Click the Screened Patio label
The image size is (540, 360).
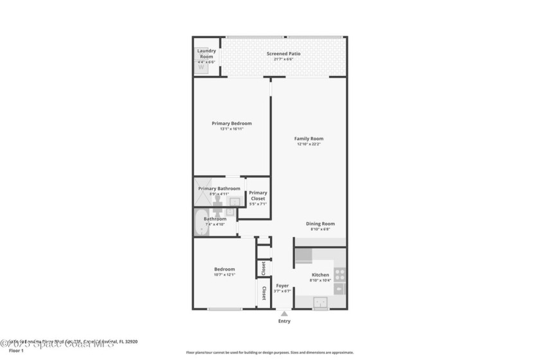[x=283, y=54]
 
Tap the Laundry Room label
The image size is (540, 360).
[x=206, y=53]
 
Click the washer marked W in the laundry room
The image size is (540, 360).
[x=202, y=67]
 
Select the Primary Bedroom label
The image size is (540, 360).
[x=231, y=123]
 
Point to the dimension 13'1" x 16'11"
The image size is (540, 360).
[x=231, y=129]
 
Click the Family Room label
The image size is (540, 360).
[x=309, y=139]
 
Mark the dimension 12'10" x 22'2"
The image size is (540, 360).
[x=309, y=145]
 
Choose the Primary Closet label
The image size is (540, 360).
[x=258, y=195]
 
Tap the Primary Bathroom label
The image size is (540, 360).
[x=219, y=188]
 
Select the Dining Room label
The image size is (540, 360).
[x=320, y=224]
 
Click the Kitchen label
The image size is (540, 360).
[x=320, y=274]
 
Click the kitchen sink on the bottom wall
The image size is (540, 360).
[x=320, y=301]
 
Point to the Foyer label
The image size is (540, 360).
[x=282, y=285]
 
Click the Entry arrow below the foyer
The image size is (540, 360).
[x=283, y=313]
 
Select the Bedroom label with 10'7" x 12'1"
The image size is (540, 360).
[x=224, y=269]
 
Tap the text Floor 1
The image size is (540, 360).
[x=16, y=351]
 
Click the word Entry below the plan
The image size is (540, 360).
[x=284, y=321]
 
